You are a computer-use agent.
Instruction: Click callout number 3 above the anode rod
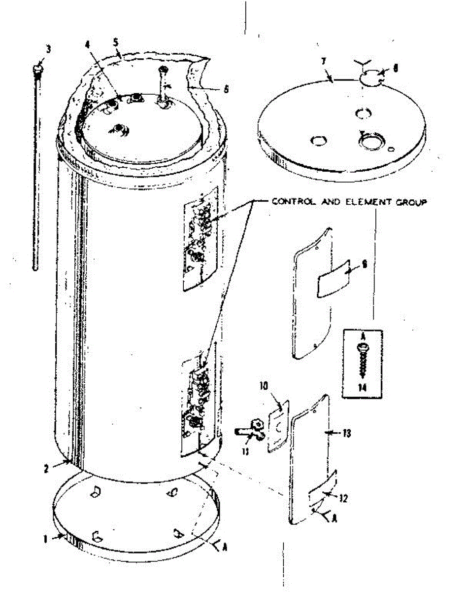[48, 49]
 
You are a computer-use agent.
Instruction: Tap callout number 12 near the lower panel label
[343, 499]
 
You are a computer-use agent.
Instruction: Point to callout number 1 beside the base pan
[45, 539]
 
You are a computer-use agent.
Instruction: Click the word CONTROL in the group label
[290, 202]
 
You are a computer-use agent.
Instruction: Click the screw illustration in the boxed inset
[364, 360]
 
